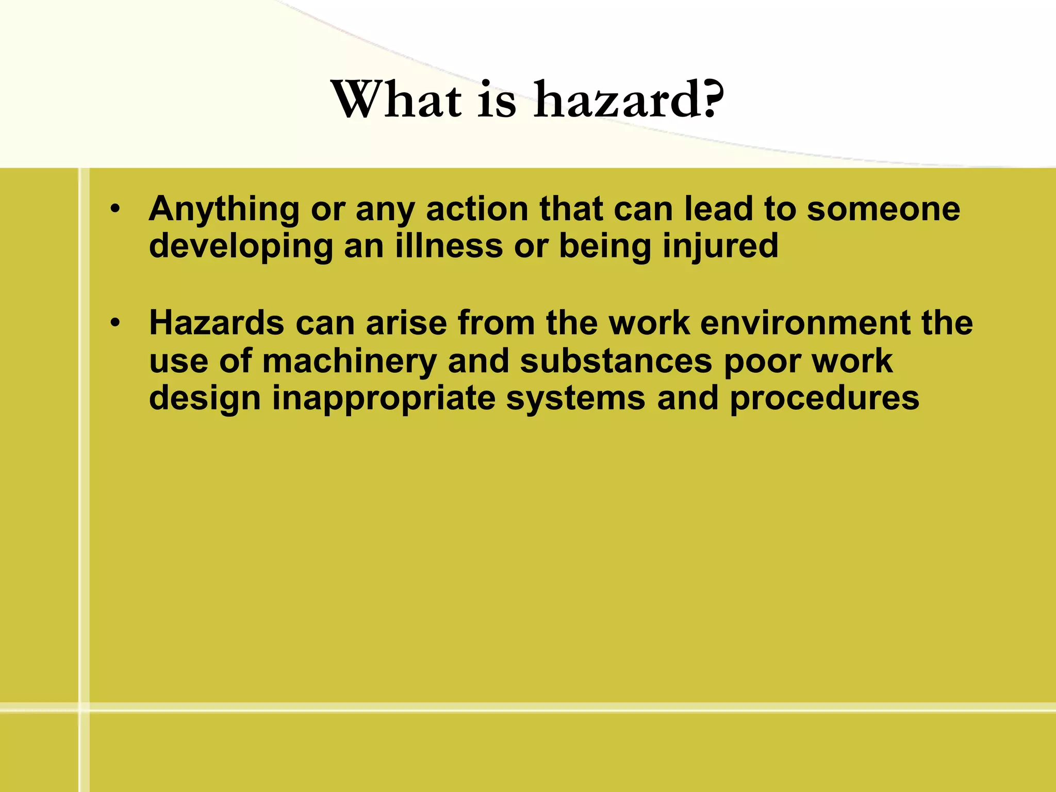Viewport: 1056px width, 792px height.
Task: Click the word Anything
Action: click(x=224, y=210)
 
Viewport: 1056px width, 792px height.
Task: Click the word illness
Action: click(x=449, y=245)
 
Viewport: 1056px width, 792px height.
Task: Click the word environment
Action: click(x=805, y=323)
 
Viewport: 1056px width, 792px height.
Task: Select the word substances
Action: click(x=616, y=360)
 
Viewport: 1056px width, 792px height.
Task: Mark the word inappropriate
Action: click(x=383, y=399)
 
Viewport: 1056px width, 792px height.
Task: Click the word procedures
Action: click(x=824, y=399)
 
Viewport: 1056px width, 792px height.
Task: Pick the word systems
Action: click(x=575, y=399)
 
